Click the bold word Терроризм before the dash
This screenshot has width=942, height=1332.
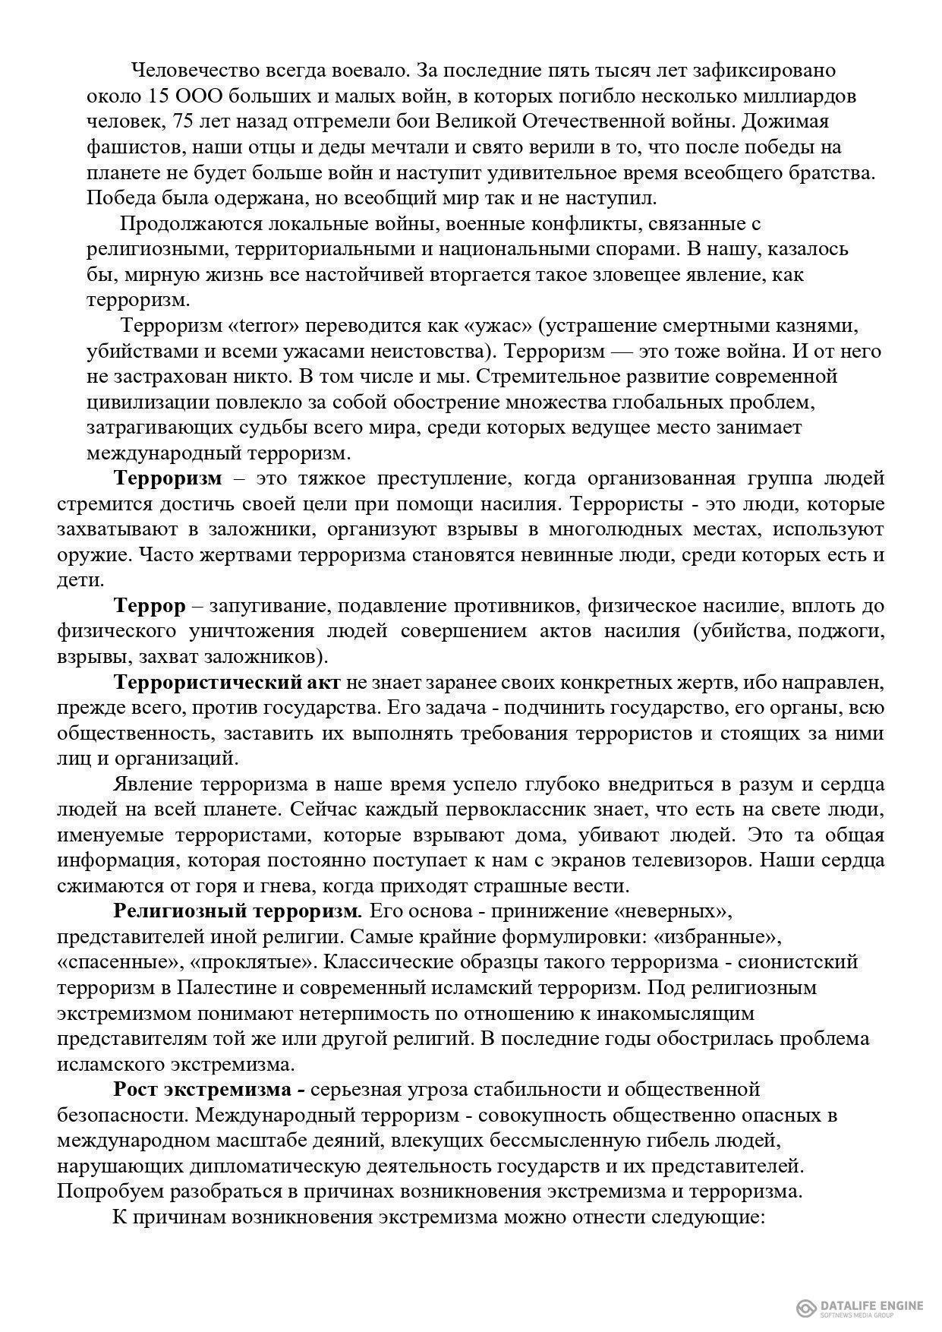click(x=168, y=479)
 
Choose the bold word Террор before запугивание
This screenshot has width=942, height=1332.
click(x=150, y=607)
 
